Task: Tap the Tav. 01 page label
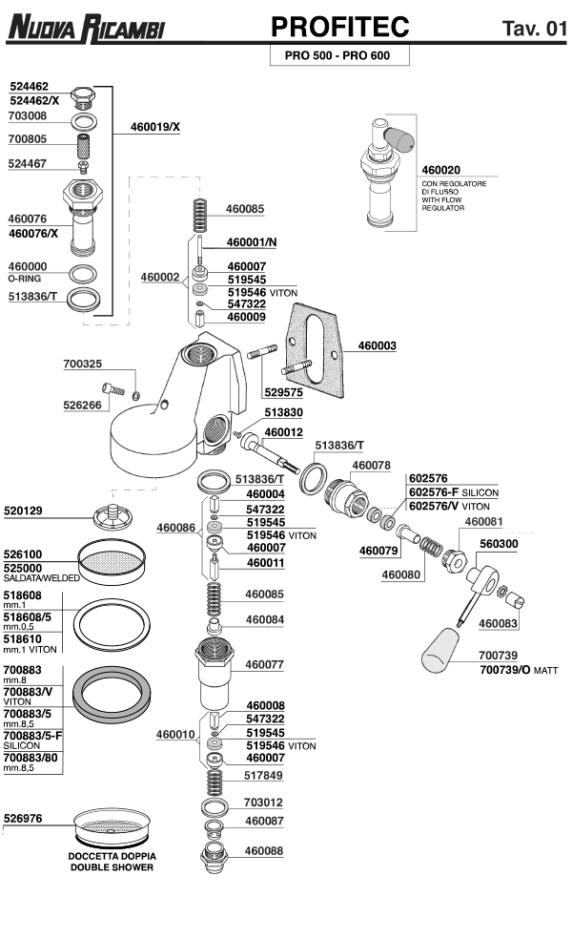click(533, 28)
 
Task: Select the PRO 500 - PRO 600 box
click(340, 56)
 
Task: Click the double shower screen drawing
click(111, 823)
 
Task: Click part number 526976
click(23, 818)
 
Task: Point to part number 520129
click(23, 511)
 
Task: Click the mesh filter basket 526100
click(112, 567)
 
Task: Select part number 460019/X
click(155, 126)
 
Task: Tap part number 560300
click(499, 543)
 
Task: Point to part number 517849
click(264, 775)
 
